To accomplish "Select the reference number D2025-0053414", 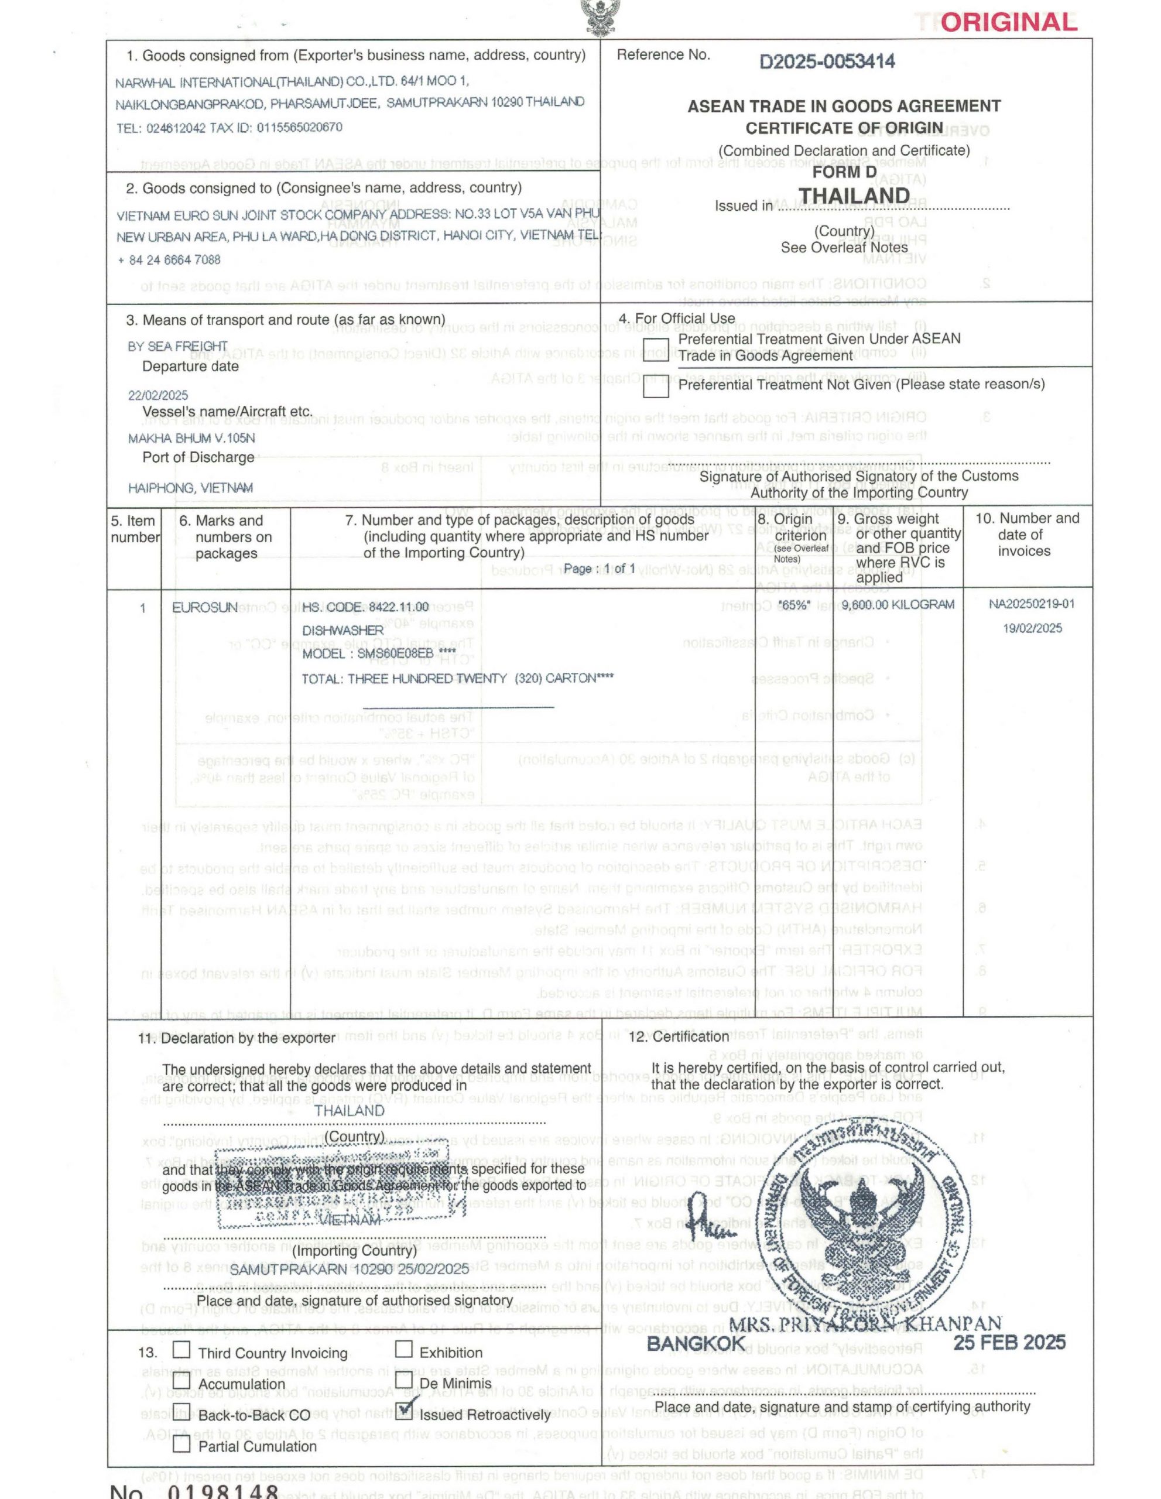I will [x=826, y=61].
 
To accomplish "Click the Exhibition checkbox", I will [x=404, y=1349].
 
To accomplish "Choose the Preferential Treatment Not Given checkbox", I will [x=655, y=386].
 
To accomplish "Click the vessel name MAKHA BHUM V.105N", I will [x=191, y=438].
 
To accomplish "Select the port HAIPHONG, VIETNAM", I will [x=190, y=488].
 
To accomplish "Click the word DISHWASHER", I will [x=343, y=630].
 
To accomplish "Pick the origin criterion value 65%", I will [x=793, y=605].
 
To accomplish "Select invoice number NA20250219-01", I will [x=1031, y=604].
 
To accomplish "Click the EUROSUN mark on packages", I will [x=204, y=607].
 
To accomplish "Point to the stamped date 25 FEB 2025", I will [x=1009, y=1343].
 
